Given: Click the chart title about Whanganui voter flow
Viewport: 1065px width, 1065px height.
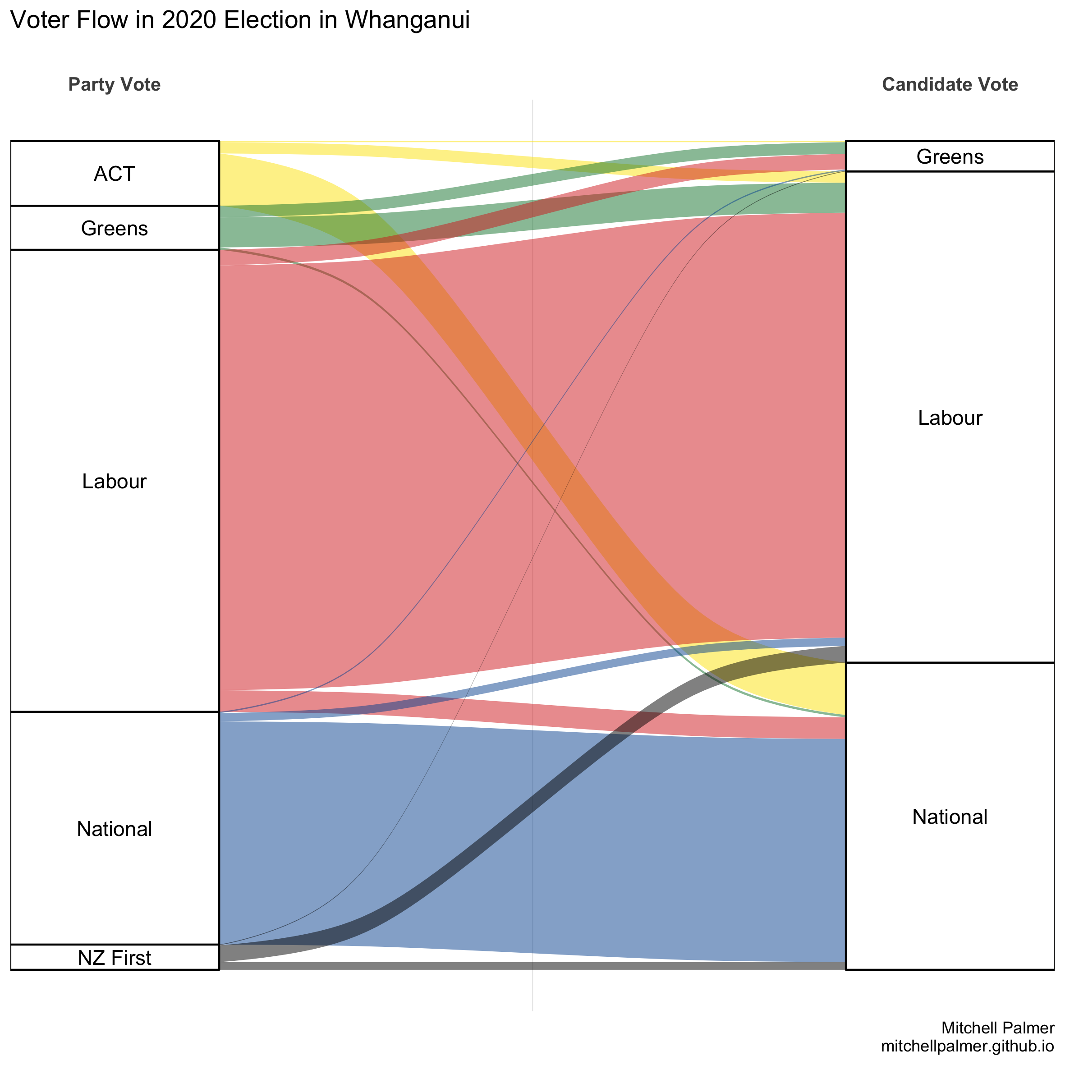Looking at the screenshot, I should coord(240,20).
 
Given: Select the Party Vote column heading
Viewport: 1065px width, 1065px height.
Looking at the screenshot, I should coord(114,84).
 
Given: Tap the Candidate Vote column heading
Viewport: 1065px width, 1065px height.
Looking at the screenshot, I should coord(950,84).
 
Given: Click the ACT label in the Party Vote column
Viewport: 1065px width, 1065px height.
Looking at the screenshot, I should coord(114,174).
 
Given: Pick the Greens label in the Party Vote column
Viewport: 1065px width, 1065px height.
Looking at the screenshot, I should coord(114,228).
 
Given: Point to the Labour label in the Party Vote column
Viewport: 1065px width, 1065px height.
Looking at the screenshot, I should coord(114,481).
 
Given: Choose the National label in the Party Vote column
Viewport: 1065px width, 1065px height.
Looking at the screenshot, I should coord(114,829).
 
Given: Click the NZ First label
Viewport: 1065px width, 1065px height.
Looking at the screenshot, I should coord(114,958).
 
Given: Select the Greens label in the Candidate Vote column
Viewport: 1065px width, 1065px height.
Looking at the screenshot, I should coord(950,157).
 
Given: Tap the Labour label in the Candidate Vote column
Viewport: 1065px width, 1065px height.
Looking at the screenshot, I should coord(950,418).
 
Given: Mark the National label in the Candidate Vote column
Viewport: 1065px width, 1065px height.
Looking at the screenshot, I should coord(950,817).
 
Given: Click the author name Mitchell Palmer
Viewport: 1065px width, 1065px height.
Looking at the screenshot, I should coord(998,1028).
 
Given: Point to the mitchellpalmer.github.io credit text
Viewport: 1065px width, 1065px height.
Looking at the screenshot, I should coord(968,1046).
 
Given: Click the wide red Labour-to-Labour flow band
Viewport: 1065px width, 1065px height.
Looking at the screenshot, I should coord(386,468).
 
